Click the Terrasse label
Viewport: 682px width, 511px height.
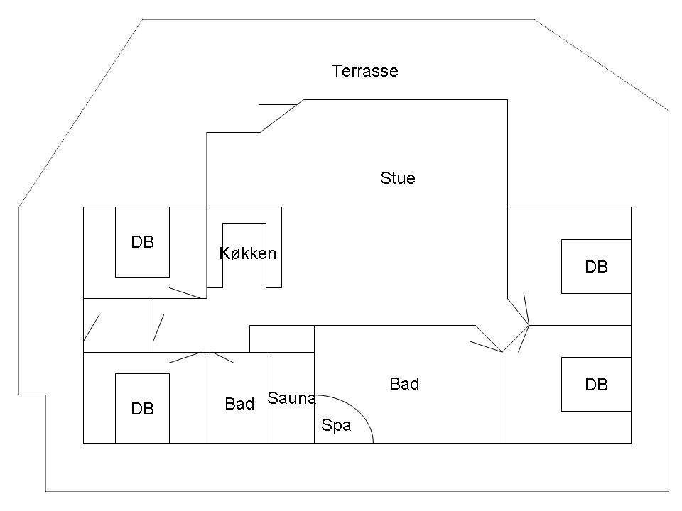(365, 71)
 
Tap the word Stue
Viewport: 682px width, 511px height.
(398, 178)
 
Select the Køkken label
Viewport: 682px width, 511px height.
(248, 253)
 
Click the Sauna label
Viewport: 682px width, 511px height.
(291, 398)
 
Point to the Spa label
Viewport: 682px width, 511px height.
(336, 425)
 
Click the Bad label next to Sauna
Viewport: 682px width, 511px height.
(239, 404)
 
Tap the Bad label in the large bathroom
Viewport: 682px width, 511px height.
(404, 384)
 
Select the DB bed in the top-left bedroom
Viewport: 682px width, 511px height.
(142, 242)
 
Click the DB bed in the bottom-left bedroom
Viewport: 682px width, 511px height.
(142, 409)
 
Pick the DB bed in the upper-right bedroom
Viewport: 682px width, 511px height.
(596, 266)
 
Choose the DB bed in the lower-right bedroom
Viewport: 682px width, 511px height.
(596, 385)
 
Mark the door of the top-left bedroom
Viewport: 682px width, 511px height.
(188, 293)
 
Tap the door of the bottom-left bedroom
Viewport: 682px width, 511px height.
(188, 358)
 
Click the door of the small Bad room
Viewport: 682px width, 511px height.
(220, 357)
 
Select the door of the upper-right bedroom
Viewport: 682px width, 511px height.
(526, 309)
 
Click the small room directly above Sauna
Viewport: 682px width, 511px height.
(282, 339)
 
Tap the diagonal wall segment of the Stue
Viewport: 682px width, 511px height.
(282, 116)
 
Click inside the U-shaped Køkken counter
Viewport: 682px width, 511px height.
(244, 255)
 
